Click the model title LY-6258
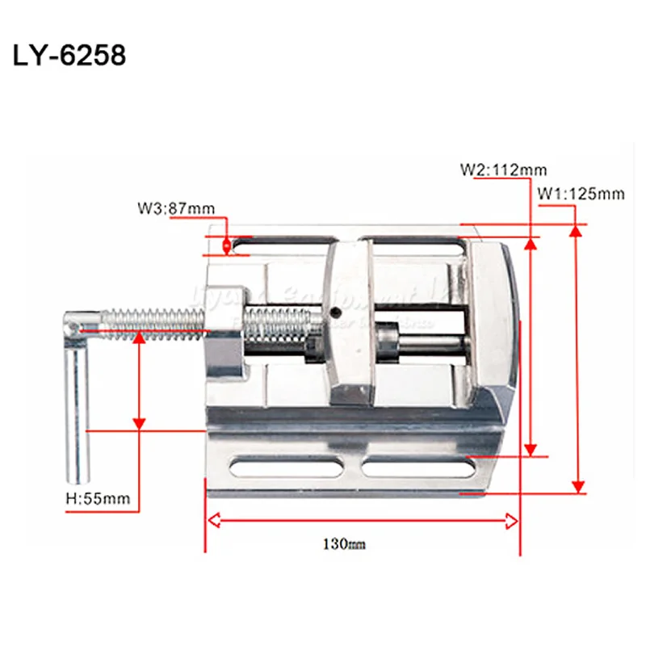[69, 57]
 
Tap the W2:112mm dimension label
[503, 170]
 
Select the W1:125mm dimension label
[581, 194]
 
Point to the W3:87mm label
[175, 209]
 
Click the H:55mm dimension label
[97, 498]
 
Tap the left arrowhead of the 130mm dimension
[213, 522]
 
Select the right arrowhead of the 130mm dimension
[512, 522]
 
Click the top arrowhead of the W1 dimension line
[576, 231]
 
